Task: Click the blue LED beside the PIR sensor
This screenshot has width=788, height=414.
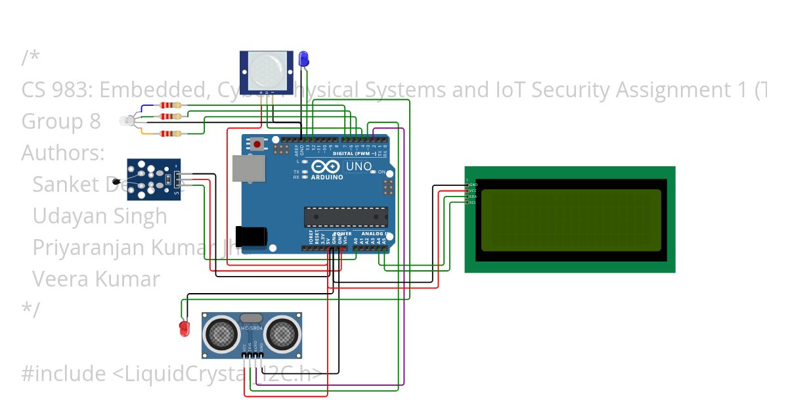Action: (303, 58)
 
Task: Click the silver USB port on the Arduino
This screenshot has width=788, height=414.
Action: (248, 168)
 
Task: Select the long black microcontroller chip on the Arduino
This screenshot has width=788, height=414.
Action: (345, 216)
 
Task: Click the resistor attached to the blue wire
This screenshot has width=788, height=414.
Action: (171, 105)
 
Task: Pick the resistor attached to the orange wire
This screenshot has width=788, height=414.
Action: (171, 134)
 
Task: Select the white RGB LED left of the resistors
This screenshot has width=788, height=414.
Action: (126, 120)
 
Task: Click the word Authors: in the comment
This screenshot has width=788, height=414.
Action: (63, 153)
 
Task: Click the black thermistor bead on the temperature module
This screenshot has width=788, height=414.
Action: (117, 181)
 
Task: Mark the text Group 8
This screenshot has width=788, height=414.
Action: (61, 122)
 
